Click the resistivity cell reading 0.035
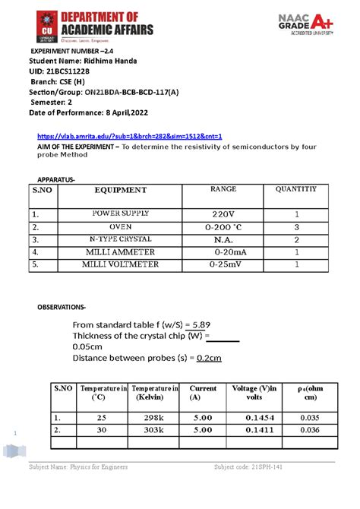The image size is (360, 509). tap(310, 418)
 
